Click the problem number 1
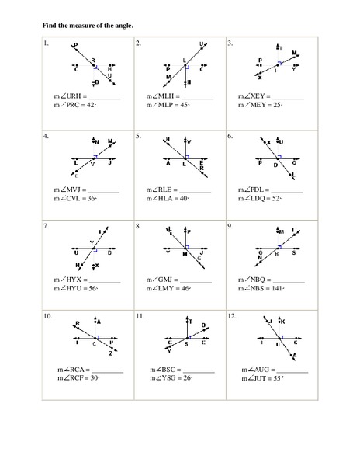(46, 43)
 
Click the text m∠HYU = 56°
(77, 288)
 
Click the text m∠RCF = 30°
(78, 378)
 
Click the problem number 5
(138, 135)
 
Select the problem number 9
(230, 226)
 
